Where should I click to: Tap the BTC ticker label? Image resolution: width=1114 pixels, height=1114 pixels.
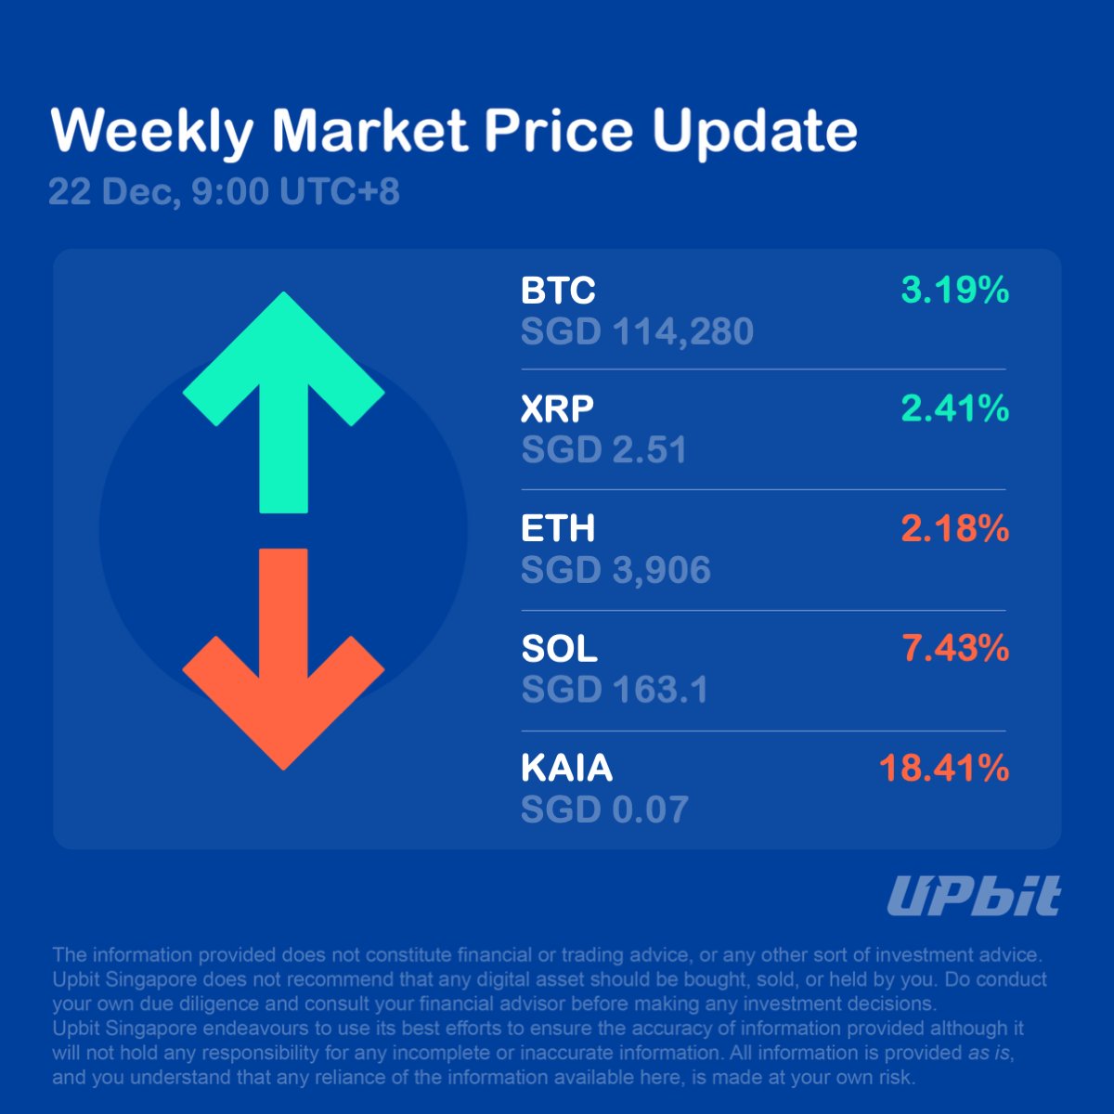(x=558, y=291)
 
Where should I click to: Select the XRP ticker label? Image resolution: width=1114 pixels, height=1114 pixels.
(x=557, y=408)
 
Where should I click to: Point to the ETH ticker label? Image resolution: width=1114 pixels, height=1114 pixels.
(x=558, y=529)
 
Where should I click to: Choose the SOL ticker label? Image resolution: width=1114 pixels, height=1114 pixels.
(x=559, y=649)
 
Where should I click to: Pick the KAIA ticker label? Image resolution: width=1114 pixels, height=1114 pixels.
(x=567, y=769)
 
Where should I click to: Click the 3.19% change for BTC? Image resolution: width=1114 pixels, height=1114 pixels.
(x=954, y=291)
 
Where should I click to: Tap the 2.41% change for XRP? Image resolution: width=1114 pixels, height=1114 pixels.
(x=954, y=408)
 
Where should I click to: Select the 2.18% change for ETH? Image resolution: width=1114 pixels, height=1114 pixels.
(x=954, y=529)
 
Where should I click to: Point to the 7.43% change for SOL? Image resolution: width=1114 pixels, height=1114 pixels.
(x=954, y=648)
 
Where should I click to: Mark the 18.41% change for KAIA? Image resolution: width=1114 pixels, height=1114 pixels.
(x=943, y=769)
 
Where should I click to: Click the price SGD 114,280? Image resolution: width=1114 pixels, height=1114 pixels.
(x=637, y=331)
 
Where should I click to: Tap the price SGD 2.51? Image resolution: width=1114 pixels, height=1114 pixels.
(x=604, y=450)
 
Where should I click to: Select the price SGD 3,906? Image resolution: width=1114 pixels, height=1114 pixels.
(x=615, y=570)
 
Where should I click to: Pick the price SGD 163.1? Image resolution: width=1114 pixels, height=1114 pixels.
(x=615, y=690)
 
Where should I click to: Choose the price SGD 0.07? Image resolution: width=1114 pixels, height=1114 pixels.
(x=604, y=810)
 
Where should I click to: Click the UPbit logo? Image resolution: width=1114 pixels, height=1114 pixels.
(x=973, y=896)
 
